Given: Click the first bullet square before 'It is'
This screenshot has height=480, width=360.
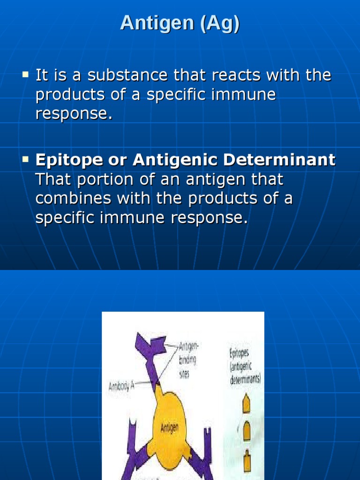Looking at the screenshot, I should [x=25, y=74].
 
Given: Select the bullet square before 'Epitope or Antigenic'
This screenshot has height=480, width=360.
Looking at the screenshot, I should [x=25, y=159].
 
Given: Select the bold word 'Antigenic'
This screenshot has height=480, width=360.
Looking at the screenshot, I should [x=174, y=160].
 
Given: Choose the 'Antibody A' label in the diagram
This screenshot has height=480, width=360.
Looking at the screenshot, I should [x=121, y=387].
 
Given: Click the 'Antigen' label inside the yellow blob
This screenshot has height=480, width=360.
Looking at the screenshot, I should [x=169, y=427].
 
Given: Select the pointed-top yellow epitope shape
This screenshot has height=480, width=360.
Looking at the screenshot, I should [x=246, y=404].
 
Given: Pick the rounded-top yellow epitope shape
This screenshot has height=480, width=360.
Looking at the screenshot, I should [x=247, y=431].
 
